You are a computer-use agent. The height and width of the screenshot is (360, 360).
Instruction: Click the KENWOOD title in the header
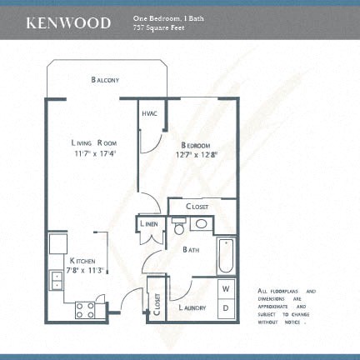click(68, 22)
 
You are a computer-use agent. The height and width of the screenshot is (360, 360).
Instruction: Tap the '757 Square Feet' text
click(157, 28)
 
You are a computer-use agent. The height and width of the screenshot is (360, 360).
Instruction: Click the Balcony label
click(105, 80)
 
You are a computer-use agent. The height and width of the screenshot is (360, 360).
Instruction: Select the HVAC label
click(151, 113)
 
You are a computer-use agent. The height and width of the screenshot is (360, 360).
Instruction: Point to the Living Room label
click(93, 142)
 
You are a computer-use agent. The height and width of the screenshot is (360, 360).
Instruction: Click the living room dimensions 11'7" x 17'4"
click(94, 153)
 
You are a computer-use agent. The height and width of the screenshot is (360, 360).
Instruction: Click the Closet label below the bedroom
click(197, 206)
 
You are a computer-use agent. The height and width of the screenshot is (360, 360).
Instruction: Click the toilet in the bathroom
click(177, 227)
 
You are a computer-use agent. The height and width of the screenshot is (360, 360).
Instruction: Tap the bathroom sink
click(200, 224)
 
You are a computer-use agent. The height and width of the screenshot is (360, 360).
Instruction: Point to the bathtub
click(225, 258)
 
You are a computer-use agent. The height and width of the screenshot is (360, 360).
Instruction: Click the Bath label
click(190, 249)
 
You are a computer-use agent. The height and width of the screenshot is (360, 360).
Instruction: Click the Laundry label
click(193, 307)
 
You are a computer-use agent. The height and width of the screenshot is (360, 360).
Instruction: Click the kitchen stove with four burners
click(86, 310)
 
